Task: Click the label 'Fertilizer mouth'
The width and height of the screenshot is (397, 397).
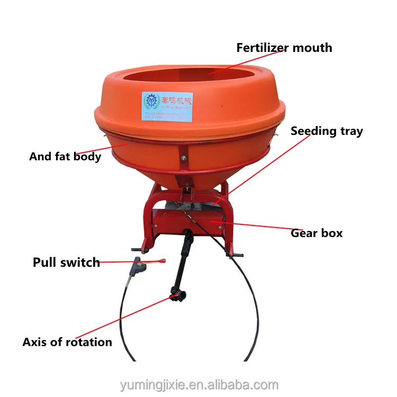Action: tap(284, 48)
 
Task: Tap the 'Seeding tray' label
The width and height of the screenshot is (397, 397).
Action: tap(327, 131)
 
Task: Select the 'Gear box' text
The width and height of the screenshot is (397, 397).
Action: tap(317, 233)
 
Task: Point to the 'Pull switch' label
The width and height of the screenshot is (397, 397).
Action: tap(66, 263)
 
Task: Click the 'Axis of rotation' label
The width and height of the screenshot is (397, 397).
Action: tap(67, 342)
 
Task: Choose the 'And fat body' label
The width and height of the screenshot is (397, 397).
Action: tap(65, 157)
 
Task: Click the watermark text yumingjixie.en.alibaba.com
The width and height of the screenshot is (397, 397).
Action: tap(198, 385)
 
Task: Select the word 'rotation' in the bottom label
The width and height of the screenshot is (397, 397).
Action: tap(89, 342)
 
